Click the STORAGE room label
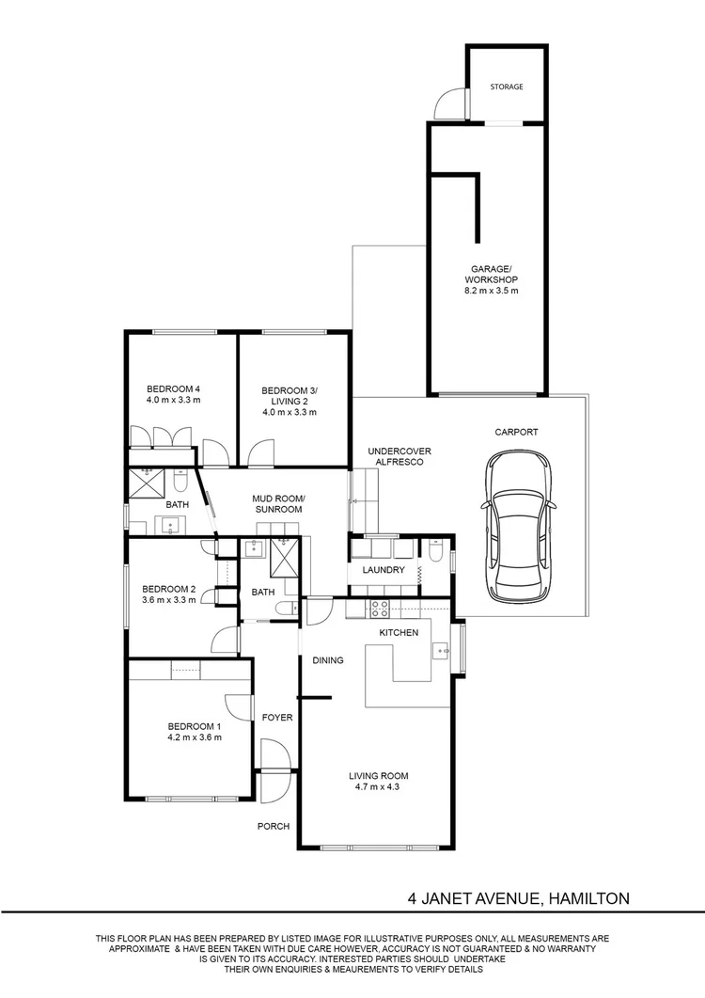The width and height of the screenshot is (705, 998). click(507, 87)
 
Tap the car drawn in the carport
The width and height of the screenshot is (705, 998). click(517, 527)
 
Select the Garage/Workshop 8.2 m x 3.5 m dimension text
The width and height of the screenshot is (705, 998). click(492, 291)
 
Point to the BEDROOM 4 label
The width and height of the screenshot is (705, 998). click(174, 388)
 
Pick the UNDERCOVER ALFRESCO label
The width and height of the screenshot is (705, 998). click(399, 456)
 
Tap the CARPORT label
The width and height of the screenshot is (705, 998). click(517, 432)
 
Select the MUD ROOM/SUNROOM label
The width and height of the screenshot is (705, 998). click(278, 503)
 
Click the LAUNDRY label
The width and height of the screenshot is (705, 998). click(384, 570)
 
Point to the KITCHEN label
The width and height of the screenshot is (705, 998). click(399, 633)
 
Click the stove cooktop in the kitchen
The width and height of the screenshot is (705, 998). click(380, 610)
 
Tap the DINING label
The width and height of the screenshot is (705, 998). click(328, 660)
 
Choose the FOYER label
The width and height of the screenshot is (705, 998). click(277, 718)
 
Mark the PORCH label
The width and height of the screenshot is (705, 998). click(274, 826)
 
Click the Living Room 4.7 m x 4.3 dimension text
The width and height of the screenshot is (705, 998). click(379, 786)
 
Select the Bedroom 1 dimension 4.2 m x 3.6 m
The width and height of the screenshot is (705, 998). click(195, 737)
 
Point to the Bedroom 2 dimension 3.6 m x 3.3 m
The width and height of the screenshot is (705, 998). click(168, 599)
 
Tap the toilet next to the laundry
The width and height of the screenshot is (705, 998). click(436, 550)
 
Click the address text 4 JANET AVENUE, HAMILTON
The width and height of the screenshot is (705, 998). click(519, 898)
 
